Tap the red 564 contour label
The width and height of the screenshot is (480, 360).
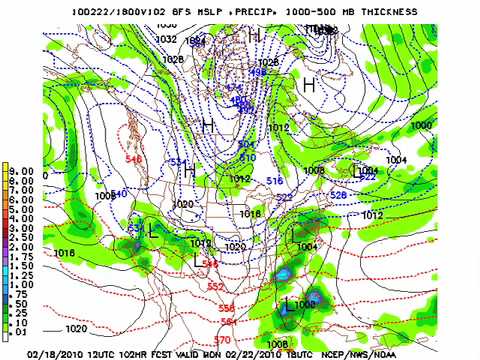230,322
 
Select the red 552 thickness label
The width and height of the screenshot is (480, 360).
216,286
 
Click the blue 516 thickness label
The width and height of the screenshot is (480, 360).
276,179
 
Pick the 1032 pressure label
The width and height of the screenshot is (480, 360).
167,39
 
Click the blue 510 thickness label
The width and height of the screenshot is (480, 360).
247,158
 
